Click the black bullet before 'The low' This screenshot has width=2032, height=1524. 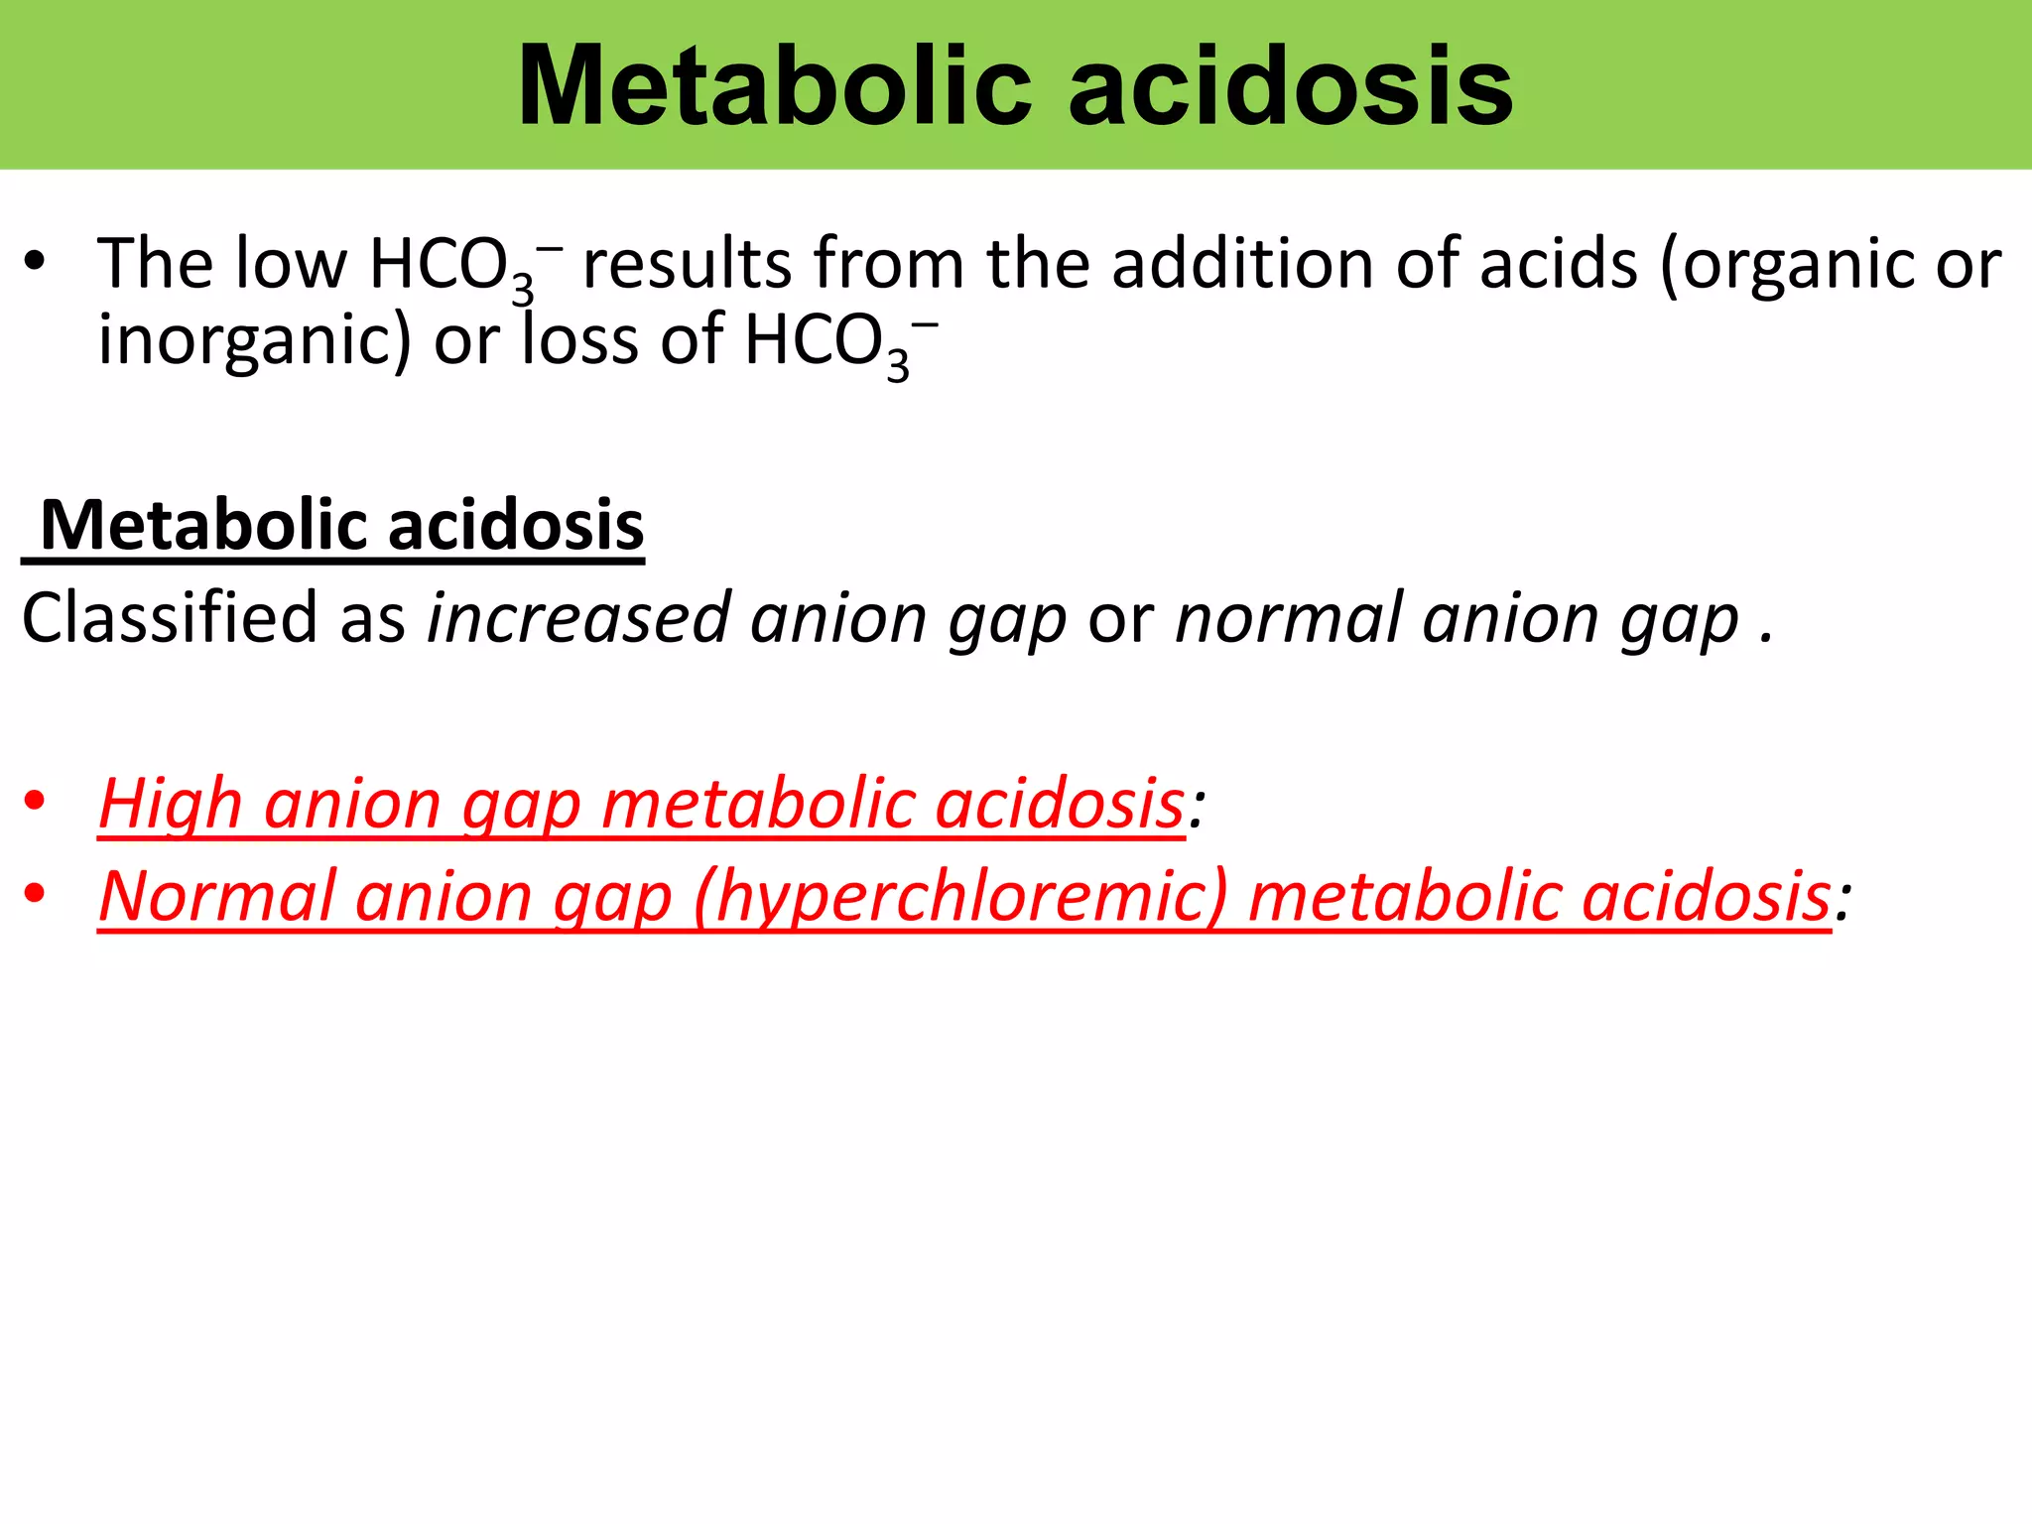(35, 263)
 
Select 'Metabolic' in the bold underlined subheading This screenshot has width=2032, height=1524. (205, 525)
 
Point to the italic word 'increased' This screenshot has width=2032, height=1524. (578, 618)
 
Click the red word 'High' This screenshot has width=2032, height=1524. (170, 804)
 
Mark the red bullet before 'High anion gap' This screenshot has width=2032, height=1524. (35, 801)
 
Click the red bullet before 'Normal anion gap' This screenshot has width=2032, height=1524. (35, 893)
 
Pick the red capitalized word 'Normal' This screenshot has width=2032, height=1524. (217, 896)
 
